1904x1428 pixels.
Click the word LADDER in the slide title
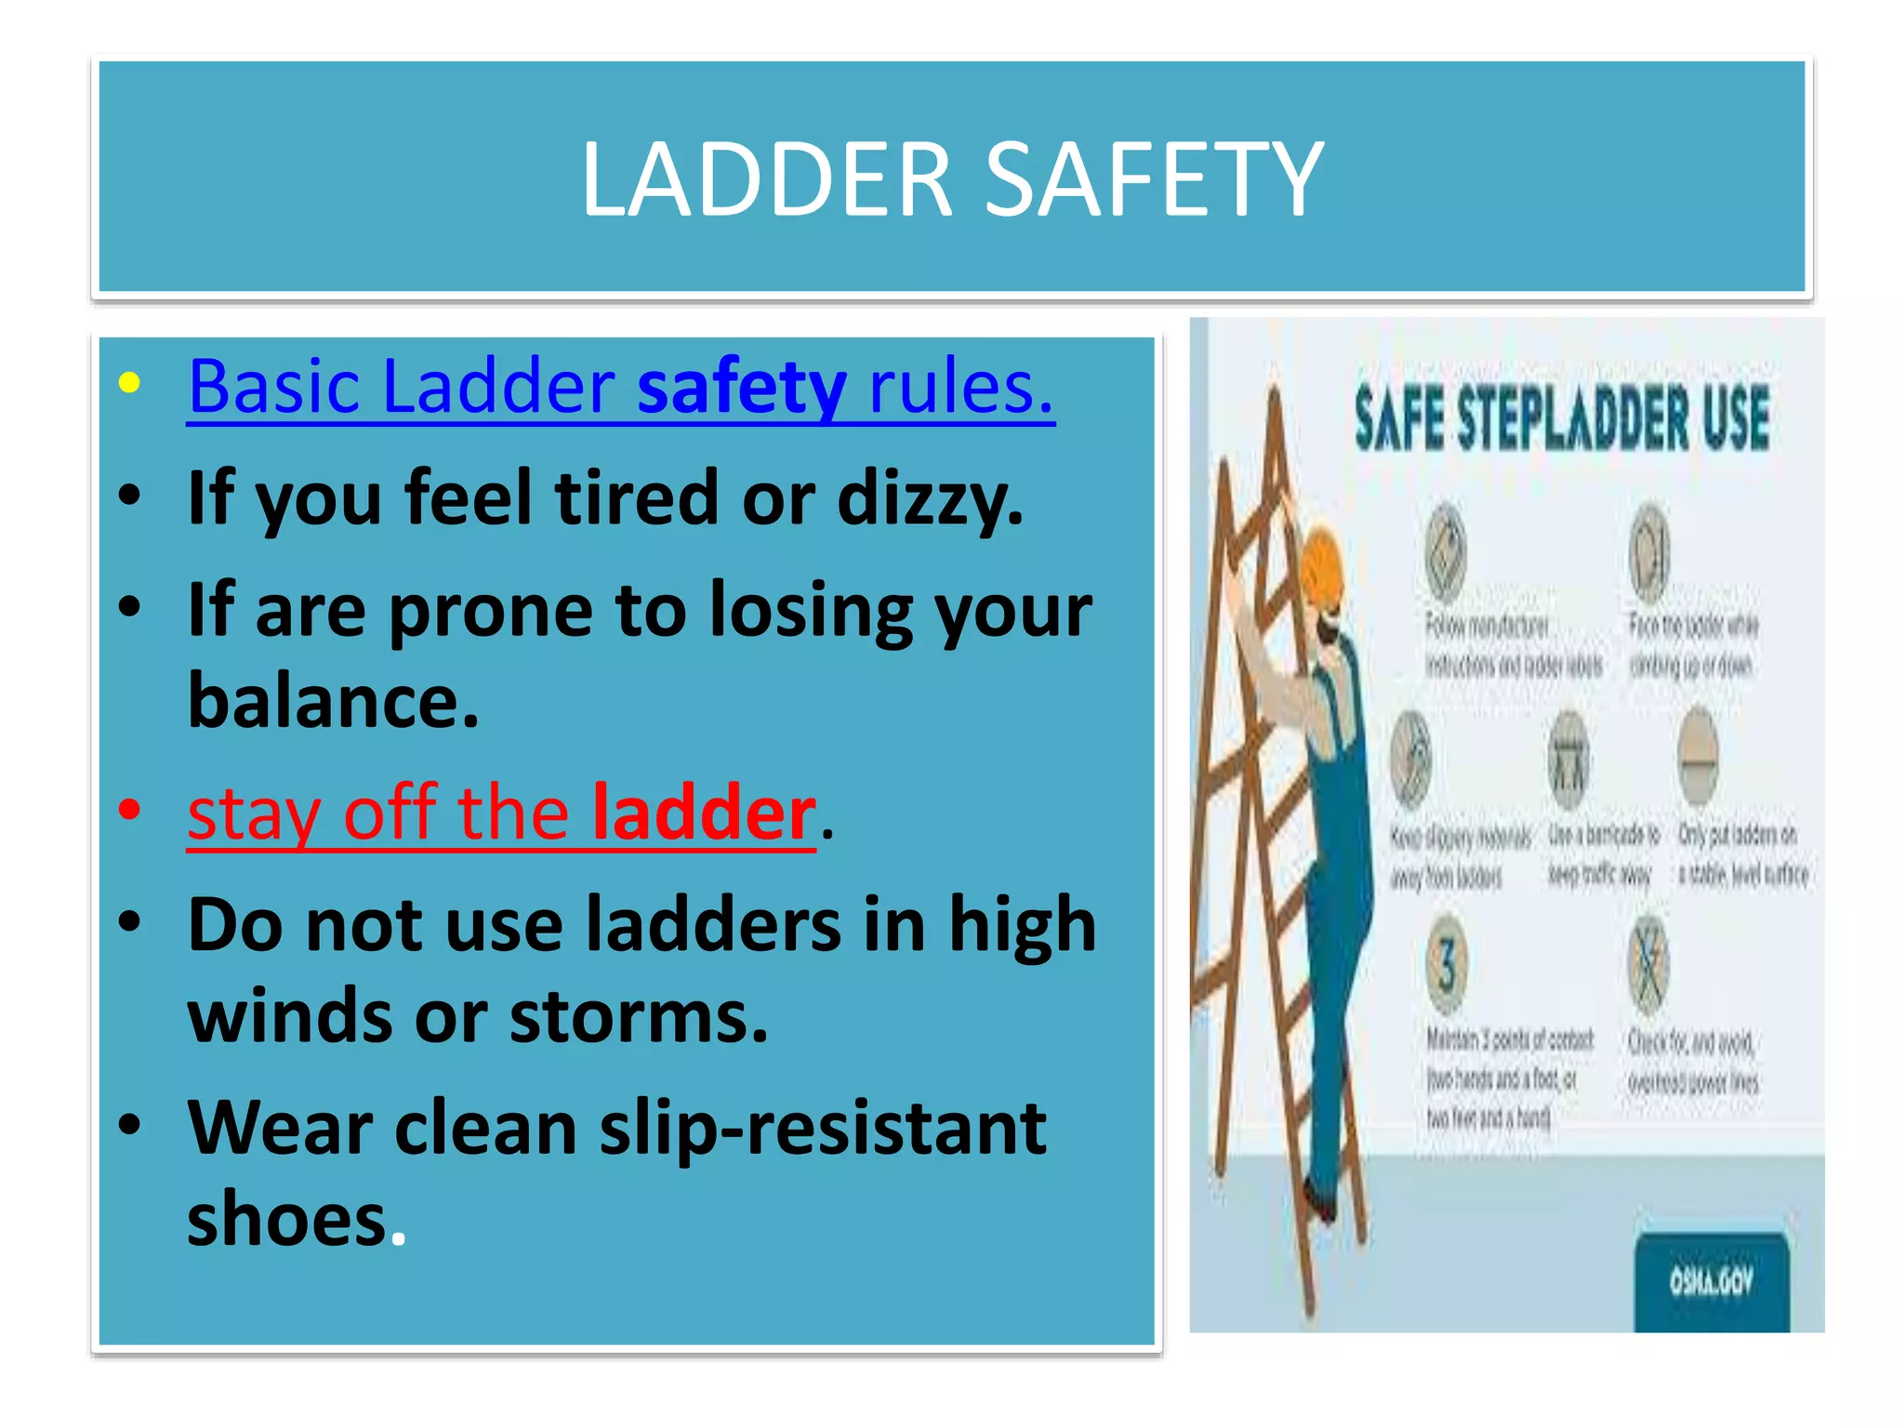click(767, 178)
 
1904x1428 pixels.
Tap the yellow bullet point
click(129, 383)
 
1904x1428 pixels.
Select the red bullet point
click(129, 809)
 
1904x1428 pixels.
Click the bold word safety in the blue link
click(741, 386)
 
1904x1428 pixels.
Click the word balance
click(333, 701)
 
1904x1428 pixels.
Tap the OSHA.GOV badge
click(1711, 1283)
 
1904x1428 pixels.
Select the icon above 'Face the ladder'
click(1649, 551)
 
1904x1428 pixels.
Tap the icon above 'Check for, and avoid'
click(1648, 964)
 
